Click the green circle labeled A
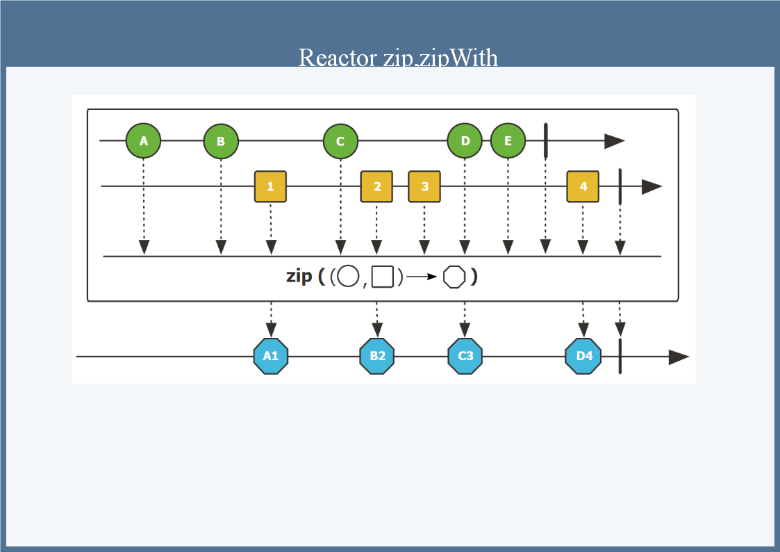tap(143, 141)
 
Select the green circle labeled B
tap(221, 141)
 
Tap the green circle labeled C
tap(340, 141)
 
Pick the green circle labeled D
tap(465, 141)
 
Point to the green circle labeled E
tap(508, 141)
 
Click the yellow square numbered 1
tap(270, 186)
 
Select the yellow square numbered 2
tap(376, 186)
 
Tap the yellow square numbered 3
tap(424, 186)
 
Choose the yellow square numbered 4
tap(583, 186)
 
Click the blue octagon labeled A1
tap(271, 356)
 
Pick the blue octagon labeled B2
tap(377, 356)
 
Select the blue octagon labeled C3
tap(465, 356)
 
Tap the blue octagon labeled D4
tap(583, 356)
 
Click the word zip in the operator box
tap(299, 276)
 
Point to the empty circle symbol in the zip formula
tap(348, 277)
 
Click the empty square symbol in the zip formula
tap(383, 277)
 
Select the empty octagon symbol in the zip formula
tap(454, 277)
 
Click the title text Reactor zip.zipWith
tap(398, 57)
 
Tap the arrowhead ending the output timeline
tap(678, 357)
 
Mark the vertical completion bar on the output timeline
tap(620, 357)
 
